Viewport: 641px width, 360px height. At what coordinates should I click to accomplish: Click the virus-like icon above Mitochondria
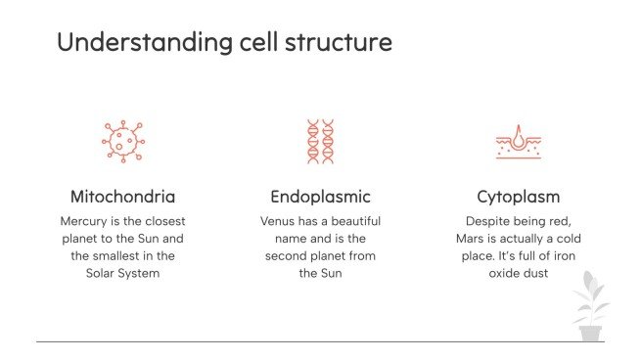coord(123,142)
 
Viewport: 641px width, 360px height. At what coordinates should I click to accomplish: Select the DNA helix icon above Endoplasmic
coord(320,142)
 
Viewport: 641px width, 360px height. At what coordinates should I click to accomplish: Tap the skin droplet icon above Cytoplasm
coord(517,142)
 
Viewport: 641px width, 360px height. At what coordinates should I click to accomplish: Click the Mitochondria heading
coord(123,196)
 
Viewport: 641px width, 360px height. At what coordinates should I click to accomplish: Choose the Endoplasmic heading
coord(320,196)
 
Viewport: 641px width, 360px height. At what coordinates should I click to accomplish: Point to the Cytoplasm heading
coord(517,196)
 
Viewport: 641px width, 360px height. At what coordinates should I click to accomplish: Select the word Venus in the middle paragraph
coord(280,221)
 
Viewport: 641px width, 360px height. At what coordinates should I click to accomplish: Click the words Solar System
coord(123,274)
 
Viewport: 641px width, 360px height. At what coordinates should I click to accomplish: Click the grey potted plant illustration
coord(590,307)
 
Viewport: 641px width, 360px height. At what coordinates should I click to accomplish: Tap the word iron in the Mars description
coord(562,256)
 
